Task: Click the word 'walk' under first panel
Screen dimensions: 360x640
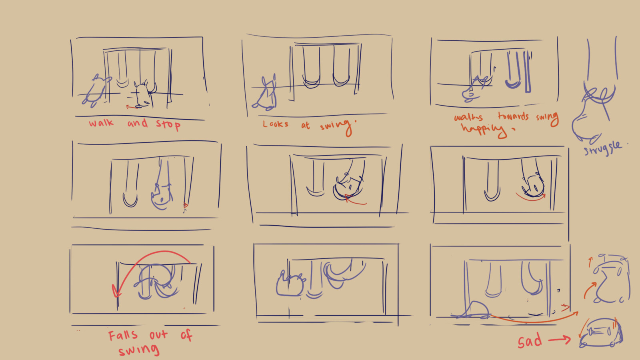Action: tap(101, 123)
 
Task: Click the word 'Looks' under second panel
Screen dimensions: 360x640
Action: tap(276, 124)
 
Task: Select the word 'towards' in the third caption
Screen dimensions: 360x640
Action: tap(513, 116)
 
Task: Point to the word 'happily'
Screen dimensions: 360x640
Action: tap(483, 130)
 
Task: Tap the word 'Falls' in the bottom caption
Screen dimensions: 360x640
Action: tap(123, 335)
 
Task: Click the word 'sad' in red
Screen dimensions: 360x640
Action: tap(530, 341)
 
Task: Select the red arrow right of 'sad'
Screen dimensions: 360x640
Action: tap(559, 340)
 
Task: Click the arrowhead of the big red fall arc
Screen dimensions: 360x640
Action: tap(116, 292)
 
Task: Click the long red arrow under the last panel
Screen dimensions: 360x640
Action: tap(532, 320)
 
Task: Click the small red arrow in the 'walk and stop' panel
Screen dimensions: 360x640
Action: tap(130, 107)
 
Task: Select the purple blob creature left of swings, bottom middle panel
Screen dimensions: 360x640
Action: tap(290, 284)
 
